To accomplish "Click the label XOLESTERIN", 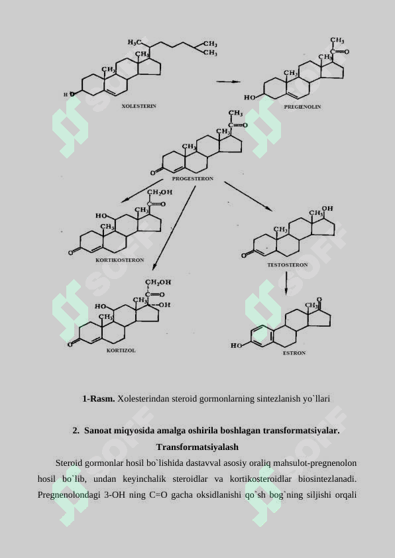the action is [x=139, y=106].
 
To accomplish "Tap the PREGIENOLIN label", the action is [x=302, y=107].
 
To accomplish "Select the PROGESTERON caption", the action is [x=192, y=179].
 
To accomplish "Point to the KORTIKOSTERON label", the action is [x=119, y=260].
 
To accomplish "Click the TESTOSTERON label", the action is [x=288, y=265].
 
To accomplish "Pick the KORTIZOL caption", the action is [x=121, y=351].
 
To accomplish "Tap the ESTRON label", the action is [x=294, y=353].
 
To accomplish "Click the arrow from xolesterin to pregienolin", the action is [x=228, y=82].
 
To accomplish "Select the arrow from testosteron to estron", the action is [x=286, y=284].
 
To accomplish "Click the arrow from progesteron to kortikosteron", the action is [x=142, y=191].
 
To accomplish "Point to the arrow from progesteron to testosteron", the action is [x=249, y=196].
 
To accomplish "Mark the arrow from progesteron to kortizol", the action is [x=174, y=228].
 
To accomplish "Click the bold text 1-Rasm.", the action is [x=99, y=398].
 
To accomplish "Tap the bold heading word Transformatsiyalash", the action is [x=197, y=447].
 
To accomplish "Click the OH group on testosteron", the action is [x=327, y=209].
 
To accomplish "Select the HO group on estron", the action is [x=236, y=345].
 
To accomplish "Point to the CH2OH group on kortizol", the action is [x=158, y=282].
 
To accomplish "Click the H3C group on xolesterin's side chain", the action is [x=134, y=42].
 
